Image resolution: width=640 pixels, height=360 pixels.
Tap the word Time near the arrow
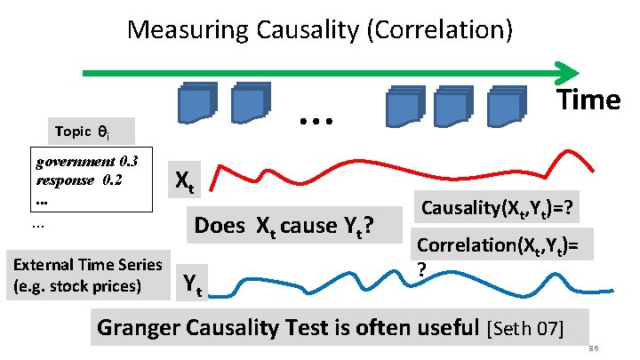[x=588, y=100]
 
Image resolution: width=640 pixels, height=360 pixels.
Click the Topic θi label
[x=81, y=132]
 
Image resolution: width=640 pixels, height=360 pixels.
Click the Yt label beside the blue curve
[x=191, y=284]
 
